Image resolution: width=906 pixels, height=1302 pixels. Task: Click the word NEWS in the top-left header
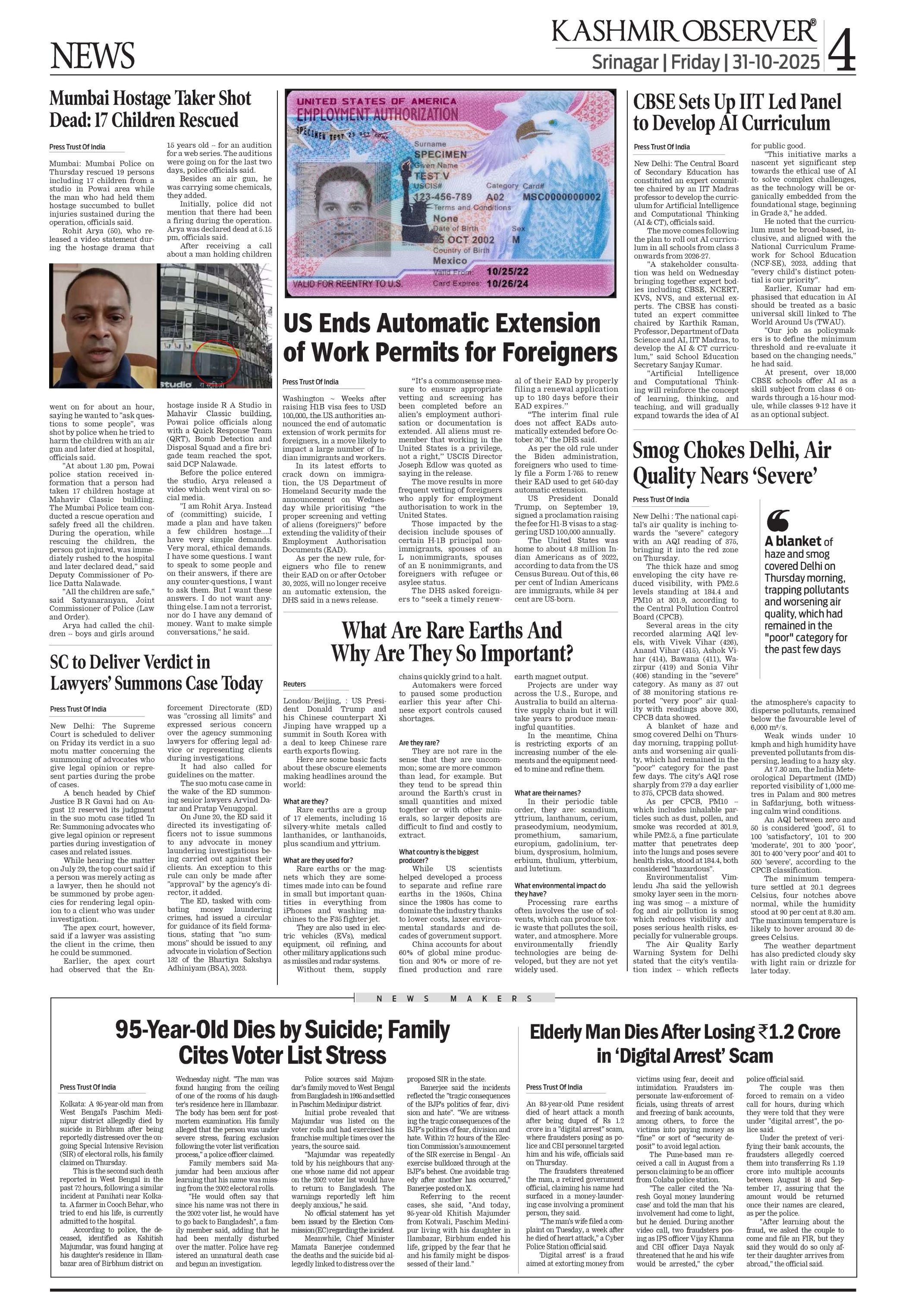tap(92, 56)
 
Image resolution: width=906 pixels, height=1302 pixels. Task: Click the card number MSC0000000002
tap(561, 197)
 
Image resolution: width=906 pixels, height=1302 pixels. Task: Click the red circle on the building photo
tap(218, 356)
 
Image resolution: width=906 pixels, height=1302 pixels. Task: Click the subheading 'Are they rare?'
tap(419, 742)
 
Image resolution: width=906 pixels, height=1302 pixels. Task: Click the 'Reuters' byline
tap(294, 685)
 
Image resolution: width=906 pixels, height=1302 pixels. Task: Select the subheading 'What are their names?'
tap(547, 793)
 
